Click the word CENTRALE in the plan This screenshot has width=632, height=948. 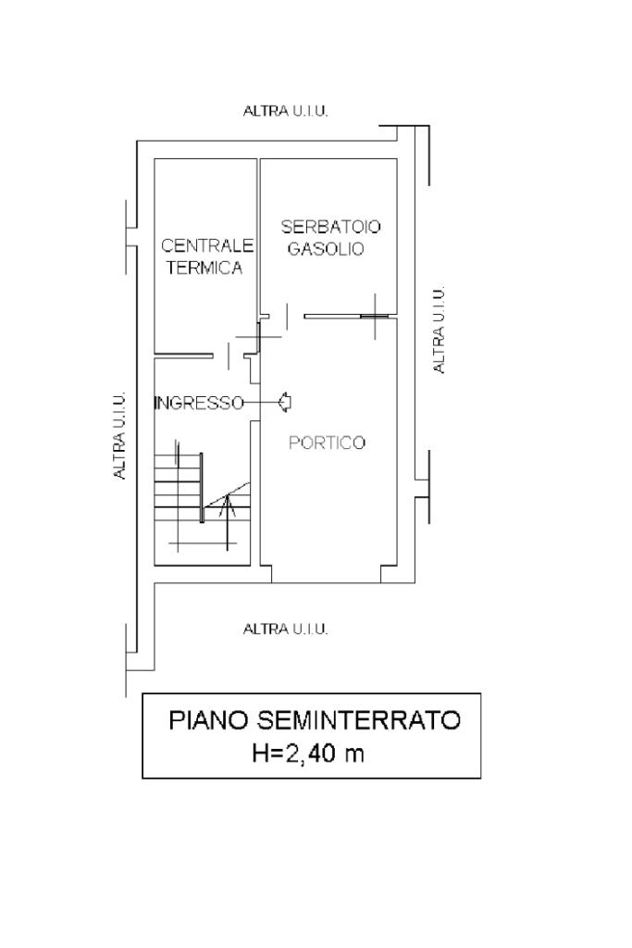tap(206, 245)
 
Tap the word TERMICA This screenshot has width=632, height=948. tap(204, 268)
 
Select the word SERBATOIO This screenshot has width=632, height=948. tap(330, 227)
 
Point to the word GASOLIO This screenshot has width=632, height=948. tap(326, 248)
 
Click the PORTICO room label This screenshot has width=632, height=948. tap(327, 443)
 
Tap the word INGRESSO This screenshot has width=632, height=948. tap(199, 403)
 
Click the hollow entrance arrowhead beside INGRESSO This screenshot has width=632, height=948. tap(285, 402)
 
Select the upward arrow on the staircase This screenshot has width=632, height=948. tap(228, 522)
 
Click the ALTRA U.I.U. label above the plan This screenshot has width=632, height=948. tap(285, 111)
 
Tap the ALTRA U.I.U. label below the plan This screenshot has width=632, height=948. tap(285, 630)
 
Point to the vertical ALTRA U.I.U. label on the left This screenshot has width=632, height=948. tap(119, 435)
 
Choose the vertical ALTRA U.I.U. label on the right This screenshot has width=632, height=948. tap(440, 330)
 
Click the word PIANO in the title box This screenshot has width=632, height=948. tap(208, 720)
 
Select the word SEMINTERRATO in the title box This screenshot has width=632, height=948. tap(359, 720)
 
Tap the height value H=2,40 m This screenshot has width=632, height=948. tap(308, 754)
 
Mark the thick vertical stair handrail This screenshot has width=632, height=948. tap(202, 487)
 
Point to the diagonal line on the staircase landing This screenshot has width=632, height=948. tap(228, 495)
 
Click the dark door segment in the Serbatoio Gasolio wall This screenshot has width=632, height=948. tap(375, 316)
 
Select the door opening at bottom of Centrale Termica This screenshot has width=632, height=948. tap(229, 355)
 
